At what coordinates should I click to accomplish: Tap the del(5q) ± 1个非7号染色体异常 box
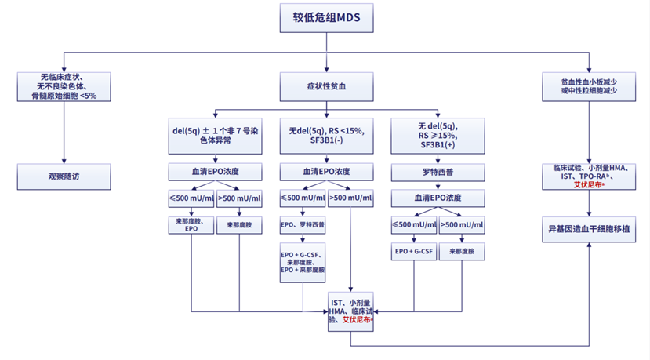(215, 135)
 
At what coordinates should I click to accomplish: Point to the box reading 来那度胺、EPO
(191, 225)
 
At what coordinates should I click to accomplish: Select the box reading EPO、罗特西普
(303, 224)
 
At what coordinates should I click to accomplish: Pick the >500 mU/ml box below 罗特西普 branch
(461, 225)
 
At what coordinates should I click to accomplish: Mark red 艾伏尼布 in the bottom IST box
(358, 320)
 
